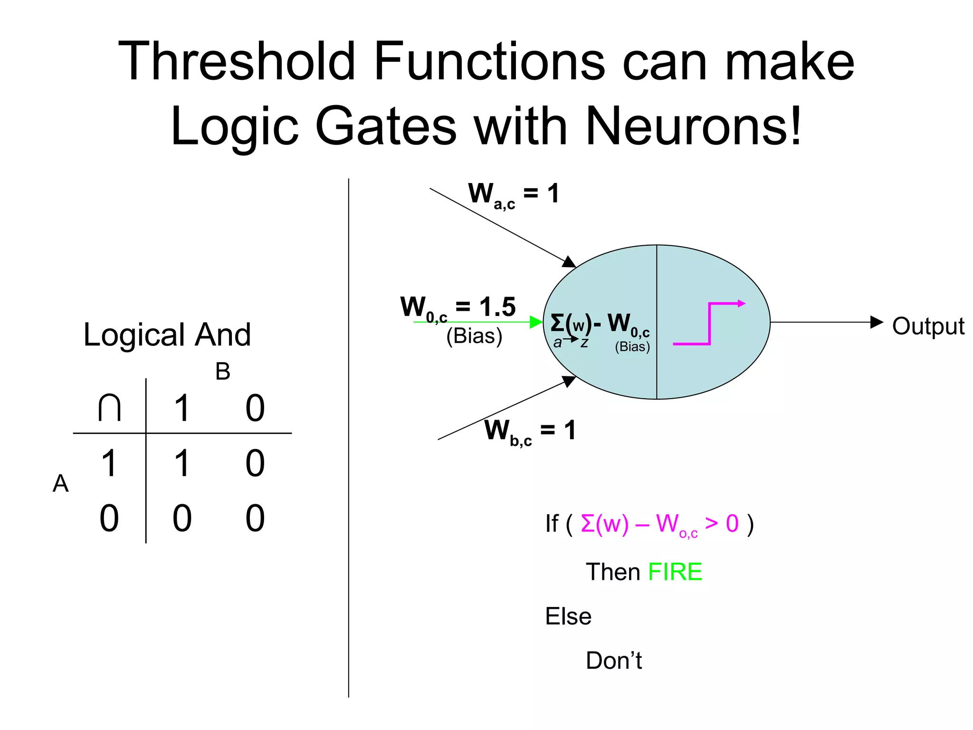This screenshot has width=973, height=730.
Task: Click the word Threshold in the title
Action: click(x=237, y=62)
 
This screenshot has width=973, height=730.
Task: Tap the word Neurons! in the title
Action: click(x=694, y=126)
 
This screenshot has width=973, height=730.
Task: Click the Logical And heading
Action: click(x=167, y=335)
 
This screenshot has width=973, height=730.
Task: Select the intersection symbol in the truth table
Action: click(x=109, y=408)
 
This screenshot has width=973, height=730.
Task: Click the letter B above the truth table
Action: click(x=223, y=372)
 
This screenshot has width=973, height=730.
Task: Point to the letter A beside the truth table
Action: click(x=60, y=484)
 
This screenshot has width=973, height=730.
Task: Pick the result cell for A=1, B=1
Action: click(x=182, y=463)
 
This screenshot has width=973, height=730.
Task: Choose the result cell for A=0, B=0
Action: click(x=255, y=519)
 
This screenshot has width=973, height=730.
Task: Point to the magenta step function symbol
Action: click(x=709, y=323)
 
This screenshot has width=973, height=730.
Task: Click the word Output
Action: click(x=928, y=327)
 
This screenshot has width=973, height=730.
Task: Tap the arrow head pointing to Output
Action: click(x=877, y=322)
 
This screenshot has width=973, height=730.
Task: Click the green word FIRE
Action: click(x=675, y=572)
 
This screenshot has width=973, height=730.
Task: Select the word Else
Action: click(x=568, y=616)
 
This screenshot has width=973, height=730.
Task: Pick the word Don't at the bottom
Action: click(x=613, y=661)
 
